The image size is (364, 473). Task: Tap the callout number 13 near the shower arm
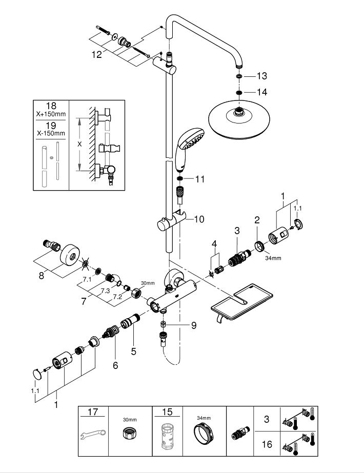click(262, 76)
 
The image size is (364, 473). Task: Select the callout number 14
click(262, 92)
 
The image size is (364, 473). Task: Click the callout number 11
click(199, 179)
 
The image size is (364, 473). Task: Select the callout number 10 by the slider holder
click(199, 219)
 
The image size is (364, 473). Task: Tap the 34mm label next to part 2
click(273, 258)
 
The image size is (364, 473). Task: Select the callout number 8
click(43, 275)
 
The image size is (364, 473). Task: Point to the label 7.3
click(105, 291)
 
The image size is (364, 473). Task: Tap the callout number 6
click(115, 365)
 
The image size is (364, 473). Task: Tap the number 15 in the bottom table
click(167, 412)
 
